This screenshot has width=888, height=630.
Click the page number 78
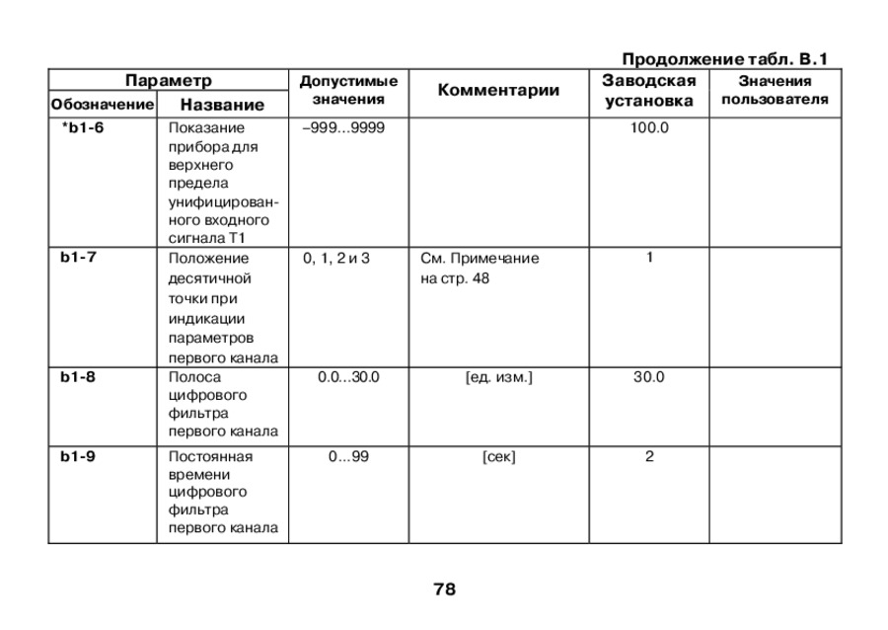[444, 590]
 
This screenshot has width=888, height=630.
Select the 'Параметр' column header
[169, 80]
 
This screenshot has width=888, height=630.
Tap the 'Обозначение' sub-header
[102, 105]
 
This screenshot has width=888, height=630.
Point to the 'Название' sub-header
[222, 105]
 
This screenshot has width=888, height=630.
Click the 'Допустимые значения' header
[348, 90]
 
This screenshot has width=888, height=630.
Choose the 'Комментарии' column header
[498, 91]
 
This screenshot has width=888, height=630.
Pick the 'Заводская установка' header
[648, 90]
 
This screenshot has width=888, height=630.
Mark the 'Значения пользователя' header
[775, 90]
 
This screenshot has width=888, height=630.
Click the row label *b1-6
[82, 127]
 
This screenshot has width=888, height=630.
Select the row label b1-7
[77, 258]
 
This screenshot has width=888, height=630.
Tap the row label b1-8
[77, 376]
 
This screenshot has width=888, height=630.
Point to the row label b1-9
[77, 456]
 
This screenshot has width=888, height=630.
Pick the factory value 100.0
[649, 127]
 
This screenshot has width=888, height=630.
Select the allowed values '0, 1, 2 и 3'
[336, 258]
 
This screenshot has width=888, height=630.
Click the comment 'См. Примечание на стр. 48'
[480, 268]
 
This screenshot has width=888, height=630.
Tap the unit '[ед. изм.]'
[498, 376]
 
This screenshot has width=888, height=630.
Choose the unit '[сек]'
[498, 456]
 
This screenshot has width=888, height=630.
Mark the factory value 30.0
[649, 376]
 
